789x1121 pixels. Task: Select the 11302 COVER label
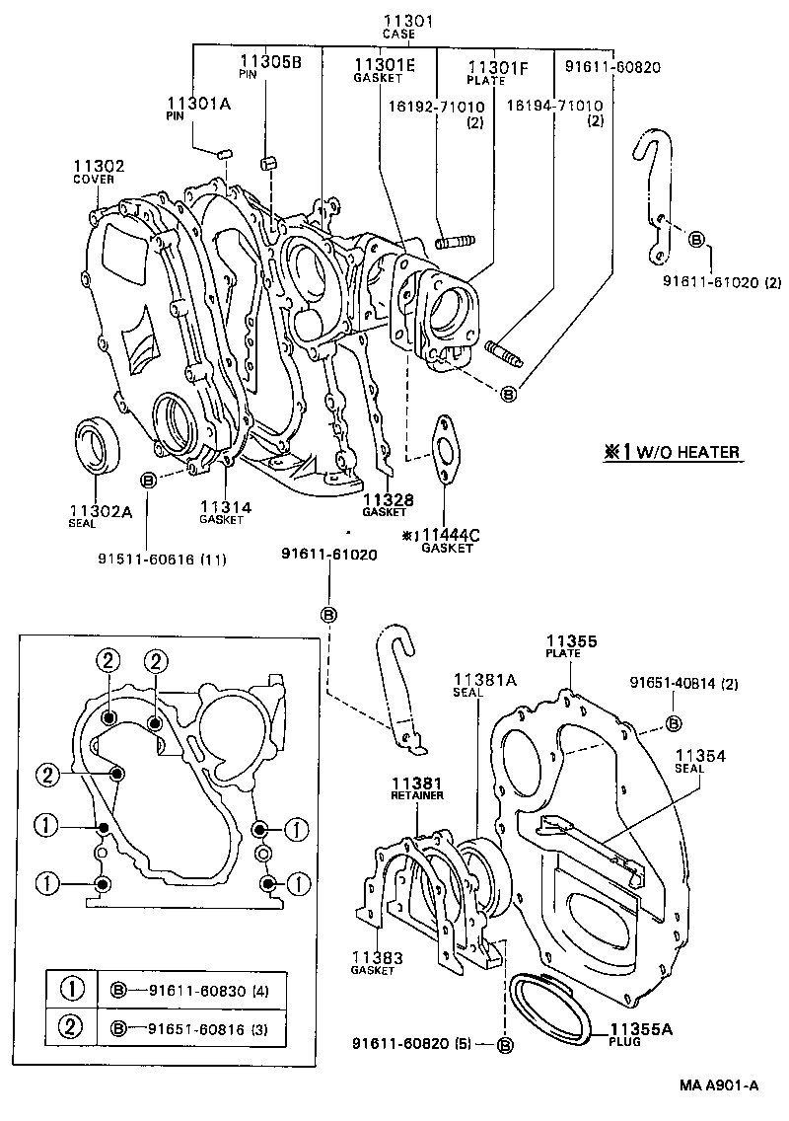(x=99, y=171)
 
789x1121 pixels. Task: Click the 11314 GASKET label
(x=225, y=512)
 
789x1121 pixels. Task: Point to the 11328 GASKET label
(x=387, y=504)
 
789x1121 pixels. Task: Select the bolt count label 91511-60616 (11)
(x=162, y=560)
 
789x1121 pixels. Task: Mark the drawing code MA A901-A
(x=717, y=1085)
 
